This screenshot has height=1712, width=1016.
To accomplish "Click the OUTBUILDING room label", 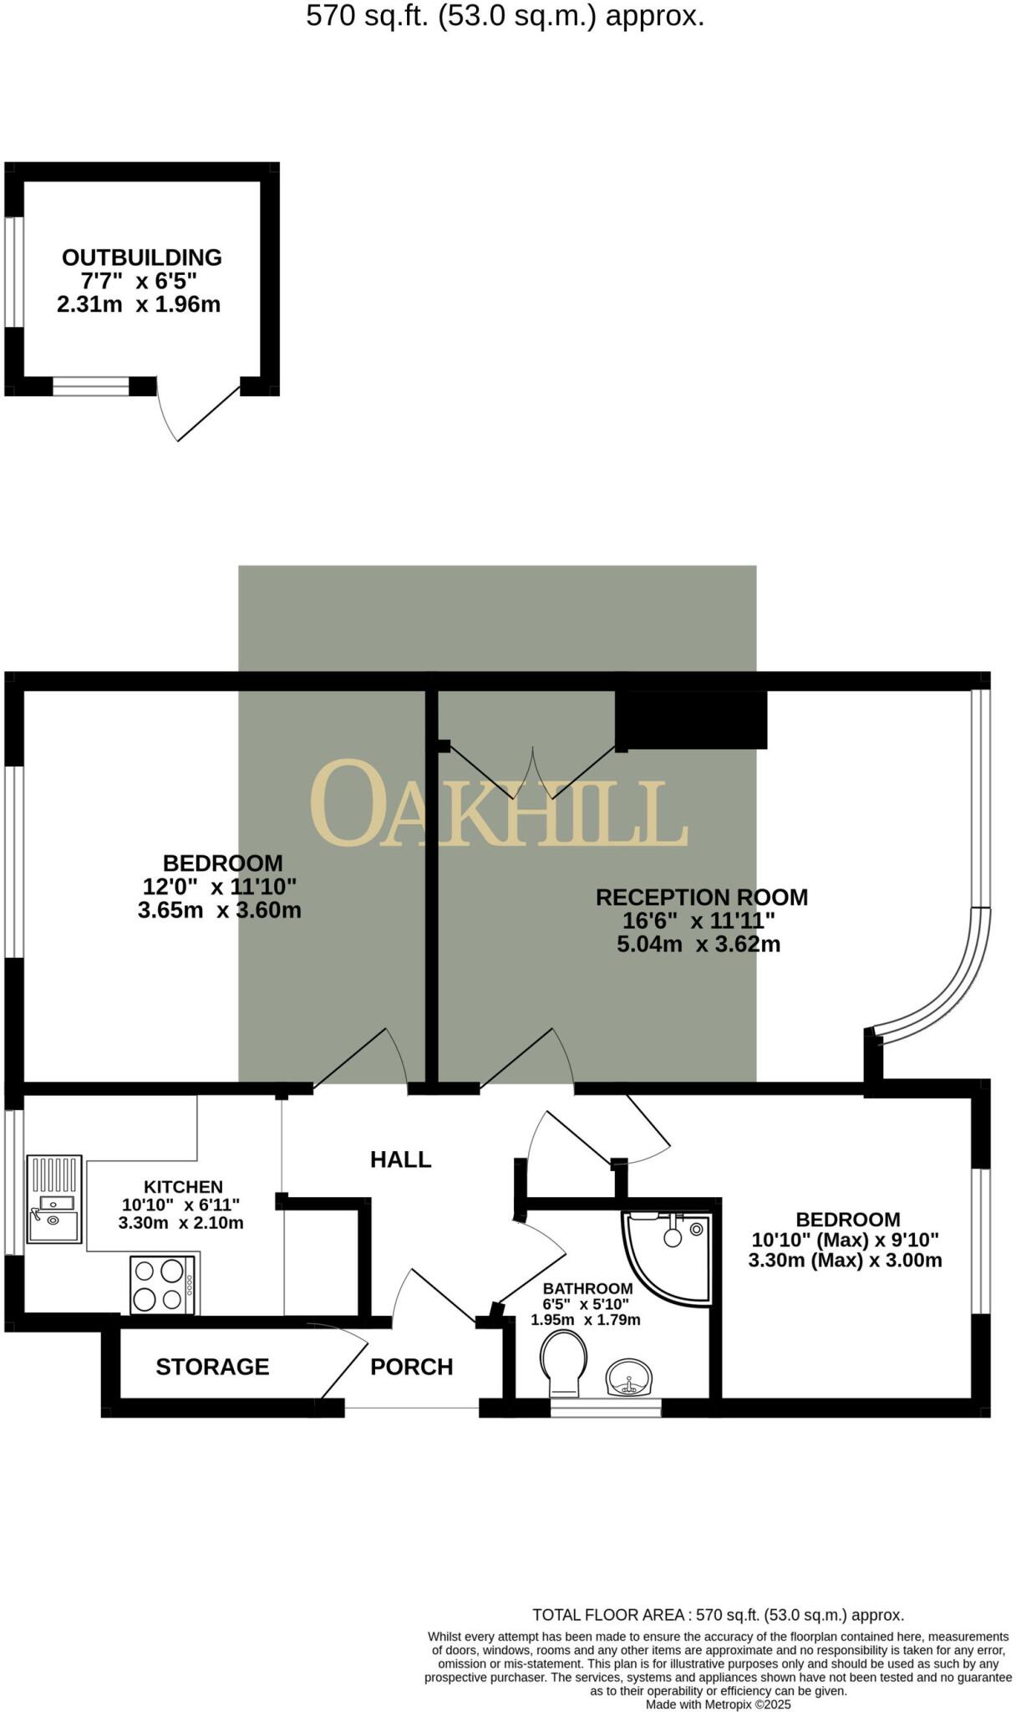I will click(142, 257).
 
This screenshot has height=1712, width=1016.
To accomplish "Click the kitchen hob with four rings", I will click(162, 1285).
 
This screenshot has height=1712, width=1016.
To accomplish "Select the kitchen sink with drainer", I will click(54, 1198).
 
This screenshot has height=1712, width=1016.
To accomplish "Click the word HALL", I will click(401, 1159).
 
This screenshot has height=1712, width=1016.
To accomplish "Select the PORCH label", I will click(411, 1367).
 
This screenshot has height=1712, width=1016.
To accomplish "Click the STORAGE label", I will click(212, 1367).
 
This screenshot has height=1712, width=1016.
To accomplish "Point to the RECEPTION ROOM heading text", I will click(702, 898).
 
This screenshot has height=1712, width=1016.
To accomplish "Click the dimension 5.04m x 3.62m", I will click(698, 945).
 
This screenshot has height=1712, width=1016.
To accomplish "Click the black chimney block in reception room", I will click(691, 719).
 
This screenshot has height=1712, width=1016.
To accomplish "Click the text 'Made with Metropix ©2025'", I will click(718, 1704).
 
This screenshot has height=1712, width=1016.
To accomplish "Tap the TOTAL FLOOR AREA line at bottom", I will click(718, 1615).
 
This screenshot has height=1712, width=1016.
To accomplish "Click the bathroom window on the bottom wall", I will click(606, 1407).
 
